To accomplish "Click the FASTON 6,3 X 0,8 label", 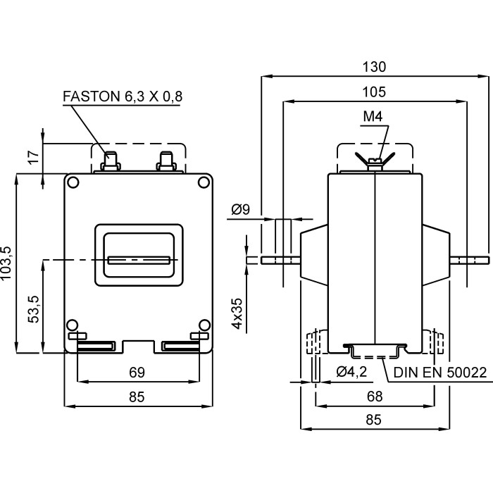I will (123, 96).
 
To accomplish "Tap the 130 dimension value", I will (375, 68).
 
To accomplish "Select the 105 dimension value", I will (375, 92).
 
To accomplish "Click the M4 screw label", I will (375, 117).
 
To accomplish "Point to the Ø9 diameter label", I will (241, 209).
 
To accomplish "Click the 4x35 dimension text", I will (238, 313).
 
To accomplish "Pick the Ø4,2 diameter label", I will (352, 372).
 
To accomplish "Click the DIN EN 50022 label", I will (440, 372).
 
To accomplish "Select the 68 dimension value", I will (375, 397).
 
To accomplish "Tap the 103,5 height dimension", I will (8, 264).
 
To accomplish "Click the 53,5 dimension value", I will (32, 307).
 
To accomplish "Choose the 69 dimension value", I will (137, 372).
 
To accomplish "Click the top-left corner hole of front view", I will (73, 182).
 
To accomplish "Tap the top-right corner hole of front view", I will (204, 182).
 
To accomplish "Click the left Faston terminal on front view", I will (111, 161).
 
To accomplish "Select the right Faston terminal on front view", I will (167, 161).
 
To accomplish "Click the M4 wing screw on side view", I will (375, 161).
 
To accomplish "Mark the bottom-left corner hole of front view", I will (71, 325).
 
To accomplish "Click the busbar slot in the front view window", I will (138, 259).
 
